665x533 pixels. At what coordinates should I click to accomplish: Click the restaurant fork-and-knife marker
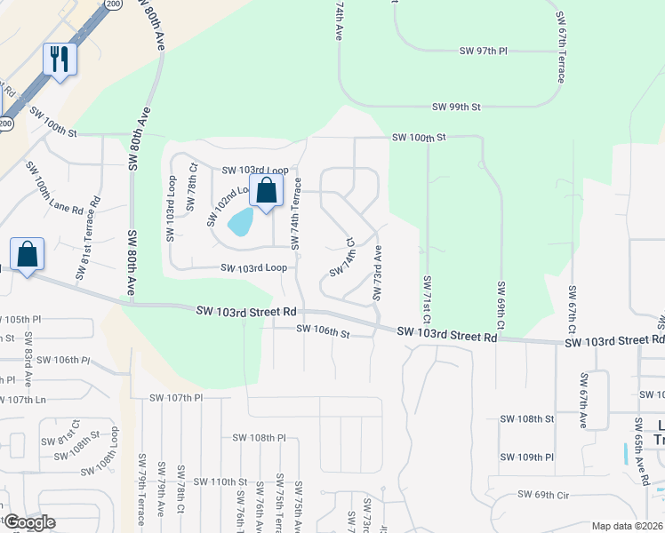(60, 60)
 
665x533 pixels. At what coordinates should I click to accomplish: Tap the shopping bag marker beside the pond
(266, 190)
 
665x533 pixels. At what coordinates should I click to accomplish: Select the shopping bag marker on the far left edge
(28, 254)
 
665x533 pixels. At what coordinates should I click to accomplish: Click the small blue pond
(240, 221)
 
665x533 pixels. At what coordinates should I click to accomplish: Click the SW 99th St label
(456, 107)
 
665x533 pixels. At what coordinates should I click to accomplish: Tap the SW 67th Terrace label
(562, 49)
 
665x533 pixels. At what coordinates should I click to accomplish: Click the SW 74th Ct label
(342, 257)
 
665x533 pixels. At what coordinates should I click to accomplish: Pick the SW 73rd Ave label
(378, 273)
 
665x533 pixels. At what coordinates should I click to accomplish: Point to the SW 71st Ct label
(428, 299)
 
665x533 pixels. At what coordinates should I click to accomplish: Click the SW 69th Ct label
(501, 306)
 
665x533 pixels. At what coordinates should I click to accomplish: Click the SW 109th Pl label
(527, 457)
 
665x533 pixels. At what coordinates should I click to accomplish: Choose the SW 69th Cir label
(545, 494)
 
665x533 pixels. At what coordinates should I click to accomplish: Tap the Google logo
(28, 522)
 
